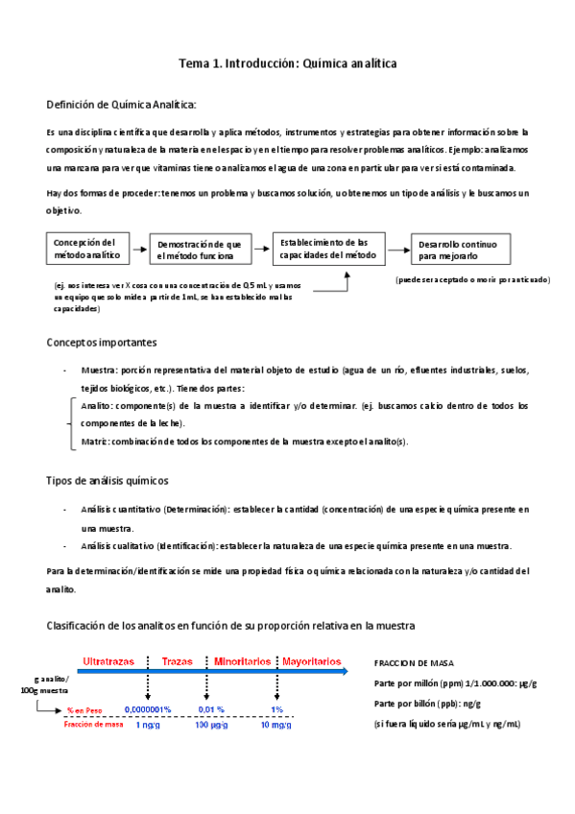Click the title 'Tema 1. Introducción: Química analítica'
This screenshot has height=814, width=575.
[287, 63]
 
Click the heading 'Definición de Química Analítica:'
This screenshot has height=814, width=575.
[121, 104]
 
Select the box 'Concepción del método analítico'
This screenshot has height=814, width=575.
[86, 249]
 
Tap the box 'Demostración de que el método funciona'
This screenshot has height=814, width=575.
[200, 250]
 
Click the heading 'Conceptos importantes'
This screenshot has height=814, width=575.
[102, 343]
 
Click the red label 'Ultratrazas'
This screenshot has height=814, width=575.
[108, 661]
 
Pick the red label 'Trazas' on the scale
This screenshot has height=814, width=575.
[178, 661]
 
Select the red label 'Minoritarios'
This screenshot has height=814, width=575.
[242, 661]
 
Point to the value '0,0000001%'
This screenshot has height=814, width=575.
[148, 709]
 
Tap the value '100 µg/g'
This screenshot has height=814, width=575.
[209, 725]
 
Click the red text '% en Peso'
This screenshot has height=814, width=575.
[84, 710]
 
